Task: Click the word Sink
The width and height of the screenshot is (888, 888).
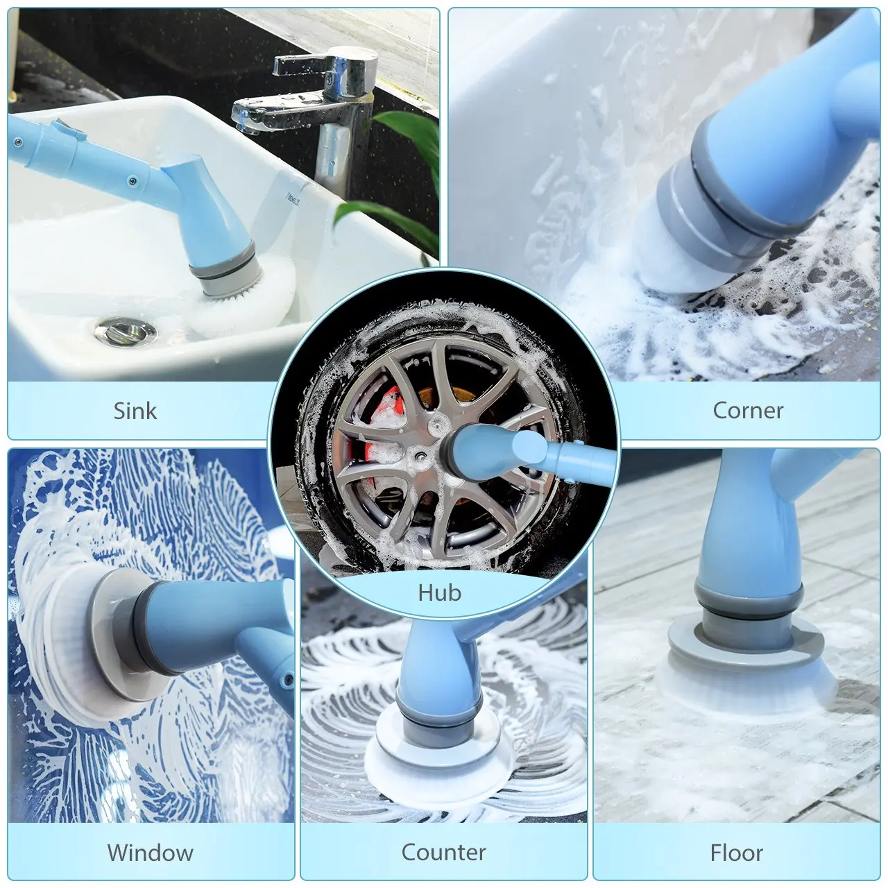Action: tap(135, 411)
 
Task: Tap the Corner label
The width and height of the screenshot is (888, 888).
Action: tap(748, 411)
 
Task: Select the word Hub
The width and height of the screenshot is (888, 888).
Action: tap(440, 592)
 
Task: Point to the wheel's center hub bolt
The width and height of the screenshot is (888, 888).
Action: tap(421, 455)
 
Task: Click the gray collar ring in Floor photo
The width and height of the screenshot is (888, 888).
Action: tap(749, 604)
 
